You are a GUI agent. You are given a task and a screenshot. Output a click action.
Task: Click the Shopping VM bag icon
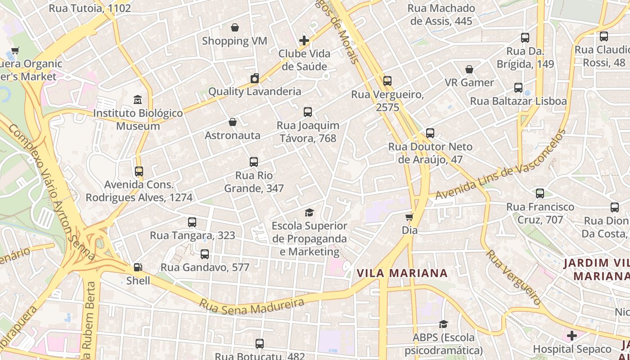tap(234, 28)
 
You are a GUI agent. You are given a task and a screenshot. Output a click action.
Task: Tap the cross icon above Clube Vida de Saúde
tap(304, 40)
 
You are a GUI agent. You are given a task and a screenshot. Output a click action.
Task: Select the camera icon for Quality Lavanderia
tap(255, 79)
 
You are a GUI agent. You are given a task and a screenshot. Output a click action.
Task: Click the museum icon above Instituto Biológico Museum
tap(138, 99)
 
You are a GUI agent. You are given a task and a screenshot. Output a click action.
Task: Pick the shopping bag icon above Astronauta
tap(233, 122)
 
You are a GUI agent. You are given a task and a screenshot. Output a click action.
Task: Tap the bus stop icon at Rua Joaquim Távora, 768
tap(308, 112)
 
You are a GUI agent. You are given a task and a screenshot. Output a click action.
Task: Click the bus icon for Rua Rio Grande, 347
tap(254, 162)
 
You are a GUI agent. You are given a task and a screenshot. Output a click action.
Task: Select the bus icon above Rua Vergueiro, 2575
tap(387, 81)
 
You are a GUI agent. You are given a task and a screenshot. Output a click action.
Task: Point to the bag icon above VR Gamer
tap(469, 69)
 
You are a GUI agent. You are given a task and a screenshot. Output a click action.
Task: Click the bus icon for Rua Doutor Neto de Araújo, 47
tap(430, 133)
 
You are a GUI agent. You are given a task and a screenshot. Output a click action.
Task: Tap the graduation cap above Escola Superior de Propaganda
tap(309, 212)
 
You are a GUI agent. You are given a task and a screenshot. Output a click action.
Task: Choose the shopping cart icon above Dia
tap(409, 217)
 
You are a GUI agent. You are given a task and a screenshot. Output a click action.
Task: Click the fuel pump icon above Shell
tap(138, 267)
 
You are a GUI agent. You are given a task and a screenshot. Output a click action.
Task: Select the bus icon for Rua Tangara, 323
tap(192, 222)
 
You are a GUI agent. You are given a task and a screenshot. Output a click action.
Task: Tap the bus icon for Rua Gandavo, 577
tap(205, 254)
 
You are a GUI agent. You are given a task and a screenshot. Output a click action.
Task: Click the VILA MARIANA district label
tap(402, 273)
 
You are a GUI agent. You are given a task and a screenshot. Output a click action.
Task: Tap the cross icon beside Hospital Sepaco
tap(572, 336)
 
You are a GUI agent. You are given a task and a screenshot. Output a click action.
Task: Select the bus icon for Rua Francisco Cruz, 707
tap(540, 193)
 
